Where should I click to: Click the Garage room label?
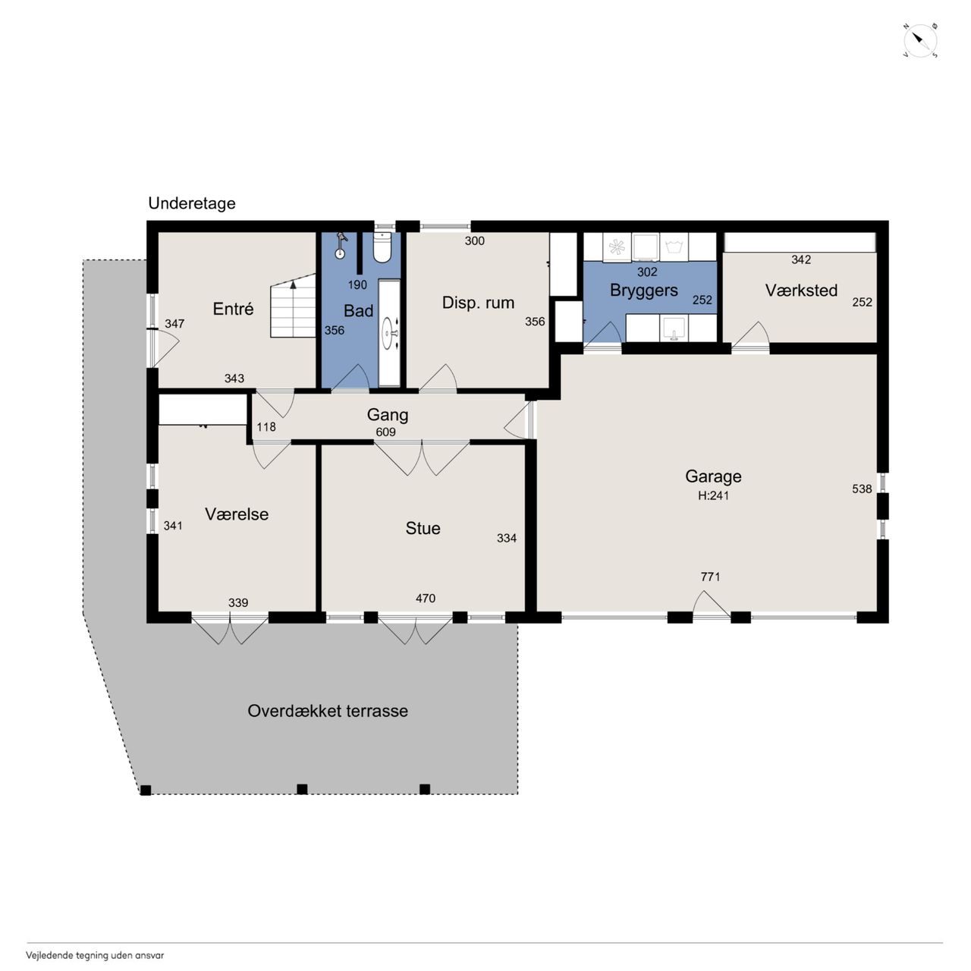713,476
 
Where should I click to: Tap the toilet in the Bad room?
382,247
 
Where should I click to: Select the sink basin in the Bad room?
389,333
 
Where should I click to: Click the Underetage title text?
192,203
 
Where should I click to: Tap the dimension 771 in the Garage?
711,577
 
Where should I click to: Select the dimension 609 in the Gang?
386,432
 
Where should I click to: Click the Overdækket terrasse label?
328,711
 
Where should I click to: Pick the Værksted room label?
801,291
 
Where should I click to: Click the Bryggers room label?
644,291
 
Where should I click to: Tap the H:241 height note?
713,496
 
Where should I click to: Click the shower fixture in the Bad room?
341,246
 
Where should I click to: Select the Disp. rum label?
478,303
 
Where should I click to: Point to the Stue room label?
423,528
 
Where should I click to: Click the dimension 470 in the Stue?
426,598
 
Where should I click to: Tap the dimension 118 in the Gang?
266,427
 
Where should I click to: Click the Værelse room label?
237,514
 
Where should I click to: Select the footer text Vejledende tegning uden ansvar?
95,955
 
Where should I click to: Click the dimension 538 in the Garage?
862,489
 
